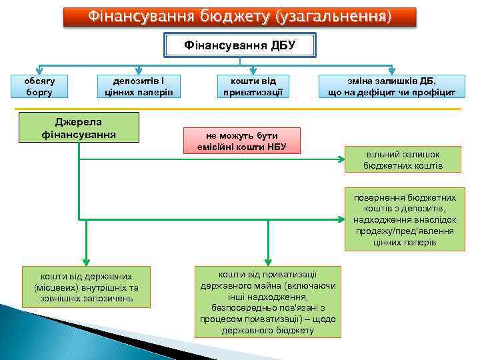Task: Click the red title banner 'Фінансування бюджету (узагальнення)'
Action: tap(240, 17)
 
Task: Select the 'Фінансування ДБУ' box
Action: tap(239, 45)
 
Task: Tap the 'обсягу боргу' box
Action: tap(39, 85)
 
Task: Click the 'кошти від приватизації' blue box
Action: tap(253, 85)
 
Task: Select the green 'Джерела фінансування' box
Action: tap(79, 127)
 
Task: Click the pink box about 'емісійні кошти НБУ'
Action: tap(241, 141)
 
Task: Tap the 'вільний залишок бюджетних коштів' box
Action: tap(403, 159)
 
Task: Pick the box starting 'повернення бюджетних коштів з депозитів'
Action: tap(405, 219)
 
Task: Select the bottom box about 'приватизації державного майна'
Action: tap(268, 301)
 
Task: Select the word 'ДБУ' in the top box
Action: tap(283, 45)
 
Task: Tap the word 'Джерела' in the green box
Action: tap(79, 121)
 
